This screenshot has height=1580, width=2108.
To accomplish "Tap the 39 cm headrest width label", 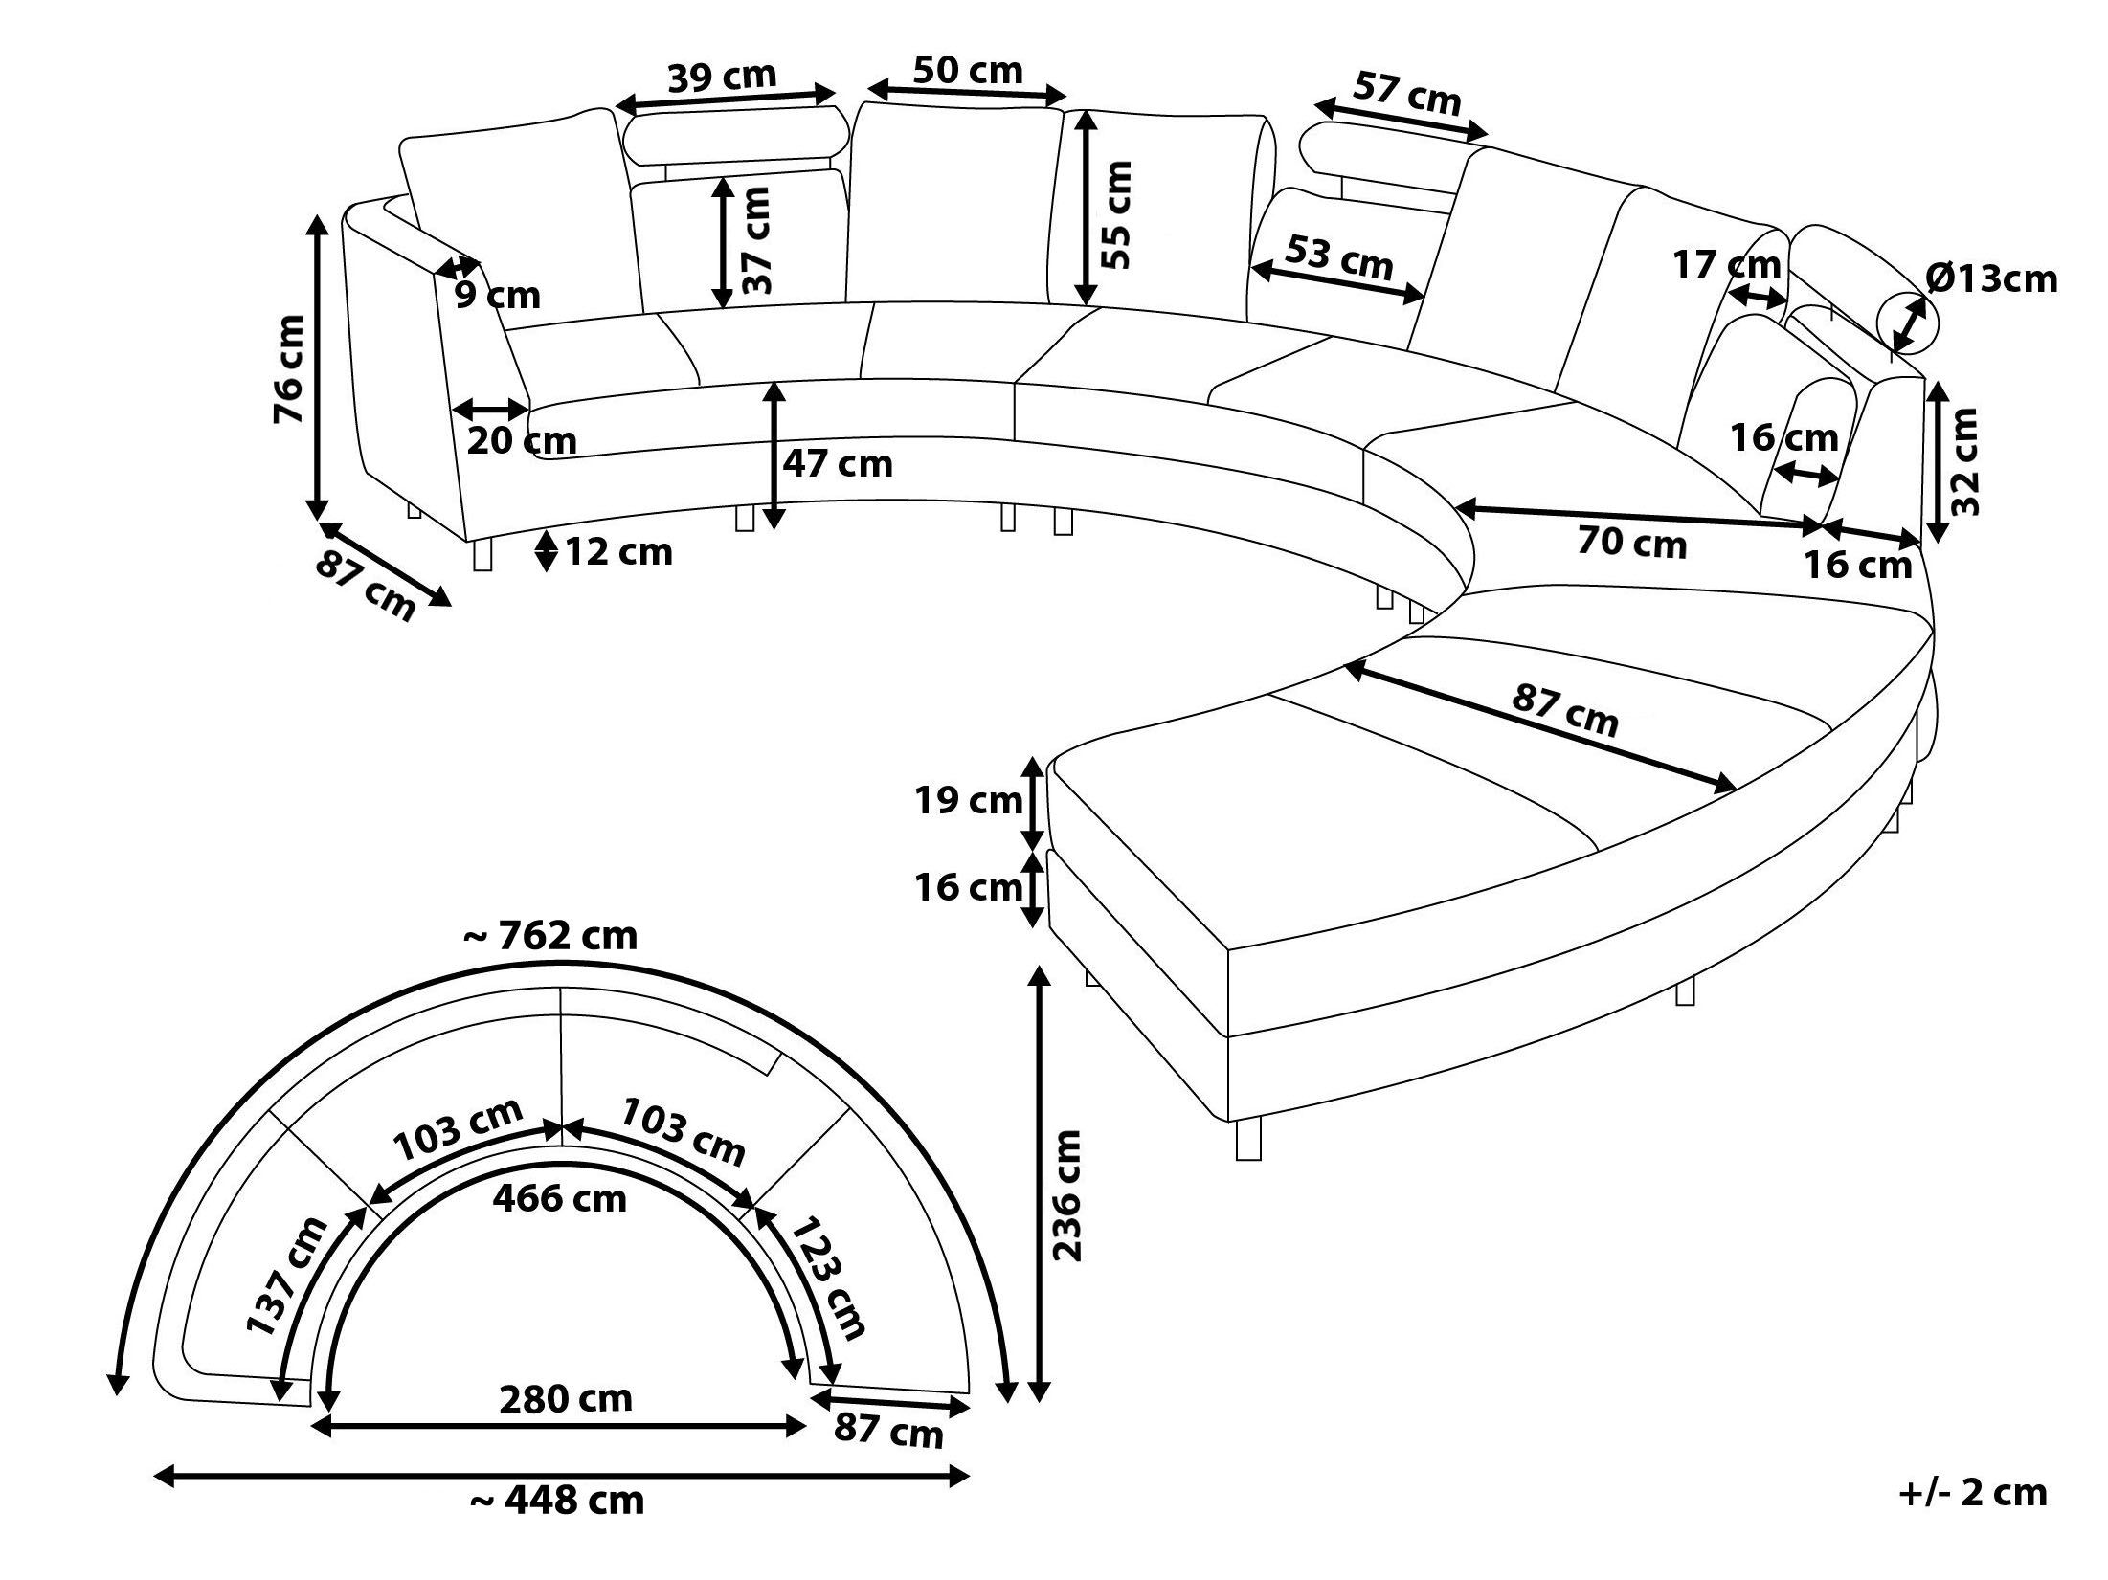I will click(721, 77).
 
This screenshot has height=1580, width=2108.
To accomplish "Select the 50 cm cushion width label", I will click(968, 70).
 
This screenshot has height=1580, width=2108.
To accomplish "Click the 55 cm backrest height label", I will click(1116, 214).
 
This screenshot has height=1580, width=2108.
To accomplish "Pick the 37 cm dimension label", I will click(756, 240).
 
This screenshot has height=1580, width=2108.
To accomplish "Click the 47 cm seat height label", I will click(838, 464).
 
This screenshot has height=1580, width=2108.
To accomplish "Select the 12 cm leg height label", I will click(618, 552).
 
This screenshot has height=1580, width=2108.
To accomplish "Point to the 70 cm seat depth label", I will click(1631, 543).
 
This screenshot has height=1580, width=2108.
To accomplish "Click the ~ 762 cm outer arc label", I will click(550, 935).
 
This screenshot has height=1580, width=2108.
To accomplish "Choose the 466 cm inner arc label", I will click(560, 1197).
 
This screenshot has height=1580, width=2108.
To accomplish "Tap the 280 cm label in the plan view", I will click(566, 1399).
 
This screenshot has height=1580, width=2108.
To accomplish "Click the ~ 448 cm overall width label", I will click(557, 1526).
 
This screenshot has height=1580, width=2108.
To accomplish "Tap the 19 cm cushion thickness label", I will click(970, 800).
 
